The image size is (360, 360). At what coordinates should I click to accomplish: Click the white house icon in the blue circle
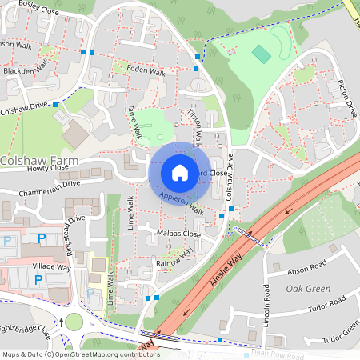tap(179, 172)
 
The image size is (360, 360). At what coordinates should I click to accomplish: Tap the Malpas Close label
tap(179, 234)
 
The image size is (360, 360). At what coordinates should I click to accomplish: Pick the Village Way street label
tap(52, 266)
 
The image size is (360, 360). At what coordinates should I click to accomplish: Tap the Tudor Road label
tap(326, 302)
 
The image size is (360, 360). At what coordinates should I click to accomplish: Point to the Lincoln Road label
tap(265, 318)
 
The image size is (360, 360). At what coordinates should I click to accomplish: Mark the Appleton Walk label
tap(182, 204)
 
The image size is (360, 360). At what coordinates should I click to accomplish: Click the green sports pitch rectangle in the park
tap(261, 54)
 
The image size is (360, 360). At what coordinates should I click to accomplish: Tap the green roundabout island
tap(74, 322)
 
